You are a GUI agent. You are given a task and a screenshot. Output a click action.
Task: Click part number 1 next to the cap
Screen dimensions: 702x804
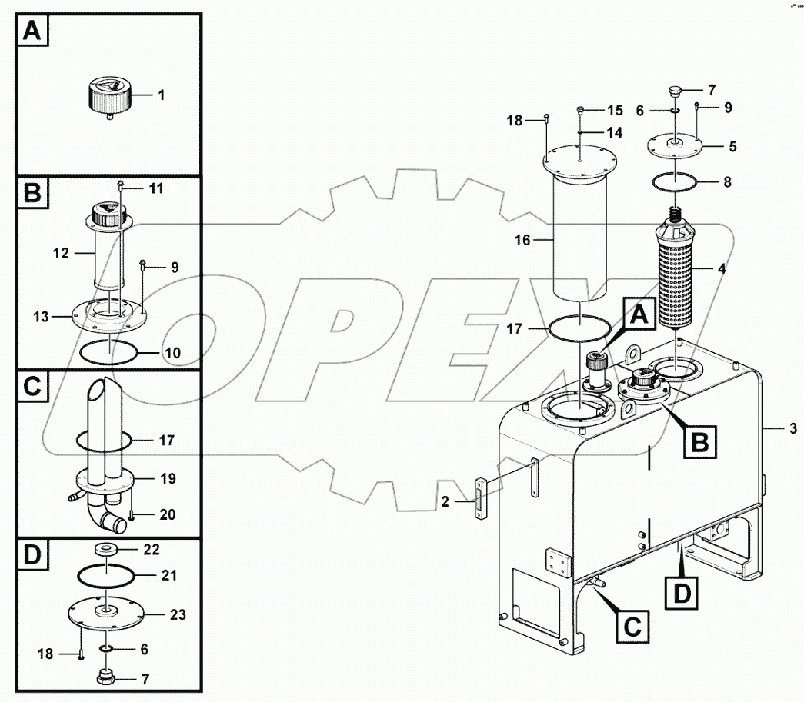click(x=162, y=95)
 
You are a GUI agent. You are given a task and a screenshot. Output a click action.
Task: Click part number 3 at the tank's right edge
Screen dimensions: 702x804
click(x=793, y=428)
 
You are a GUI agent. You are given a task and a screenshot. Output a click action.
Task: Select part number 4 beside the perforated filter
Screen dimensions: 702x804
click(x=721, y=270)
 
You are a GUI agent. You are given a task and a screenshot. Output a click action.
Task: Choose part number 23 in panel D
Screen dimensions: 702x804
click(x=177, y=614)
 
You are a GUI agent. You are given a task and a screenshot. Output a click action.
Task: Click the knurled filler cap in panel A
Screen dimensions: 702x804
click(x=108, y=99)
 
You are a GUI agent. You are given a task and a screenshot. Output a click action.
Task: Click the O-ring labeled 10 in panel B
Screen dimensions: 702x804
click(x=109, y=353)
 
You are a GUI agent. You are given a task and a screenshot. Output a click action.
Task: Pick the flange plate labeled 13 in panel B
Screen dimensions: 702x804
click(x=108, y=314)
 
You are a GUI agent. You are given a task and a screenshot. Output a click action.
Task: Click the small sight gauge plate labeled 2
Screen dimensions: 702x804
click(x=481, y=501)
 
